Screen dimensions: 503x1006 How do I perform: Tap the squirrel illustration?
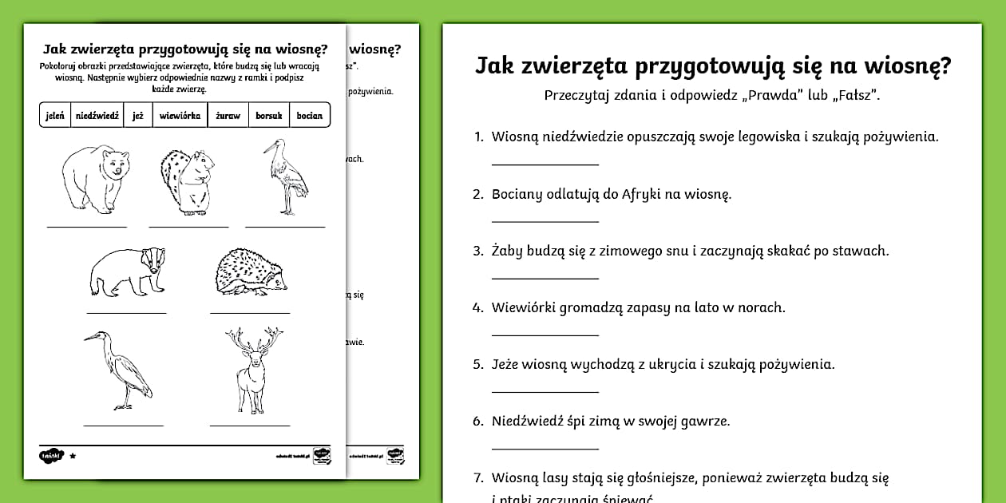(x=186, y=181)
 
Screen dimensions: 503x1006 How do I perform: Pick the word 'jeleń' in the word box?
(x=55, y=115)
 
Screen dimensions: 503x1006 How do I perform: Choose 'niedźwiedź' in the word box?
(x=97, y=115)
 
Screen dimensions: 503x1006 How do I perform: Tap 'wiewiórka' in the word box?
(x=180, y=115)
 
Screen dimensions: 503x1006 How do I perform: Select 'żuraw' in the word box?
(x=228, y=115)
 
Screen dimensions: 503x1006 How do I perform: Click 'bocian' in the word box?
(x=310, y=115)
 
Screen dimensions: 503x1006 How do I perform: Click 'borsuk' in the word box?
(x=269, y=115)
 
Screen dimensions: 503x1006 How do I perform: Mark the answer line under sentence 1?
(x=545, y=164)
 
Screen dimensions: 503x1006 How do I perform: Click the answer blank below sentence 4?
(x=545, y=335)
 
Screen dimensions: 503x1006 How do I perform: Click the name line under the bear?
(x=86, y=227)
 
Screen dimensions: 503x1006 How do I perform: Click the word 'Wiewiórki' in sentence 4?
(x=523, y=307)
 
